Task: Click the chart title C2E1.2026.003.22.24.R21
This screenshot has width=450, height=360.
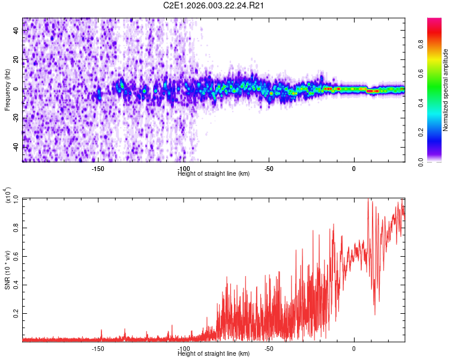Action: click(x=214, y=5)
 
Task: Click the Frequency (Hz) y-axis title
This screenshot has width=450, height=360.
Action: click(x=7, y=91)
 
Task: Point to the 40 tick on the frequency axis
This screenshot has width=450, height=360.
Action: click(x=16, y=31)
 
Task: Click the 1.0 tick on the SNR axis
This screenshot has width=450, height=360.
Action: click(x=16, y=198)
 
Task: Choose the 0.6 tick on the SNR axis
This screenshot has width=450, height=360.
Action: click(x=16, y=256)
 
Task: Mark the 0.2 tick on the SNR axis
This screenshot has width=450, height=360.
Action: click(x=16, y=313)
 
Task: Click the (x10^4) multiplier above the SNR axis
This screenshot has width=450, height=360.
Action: click(x=7, y=196)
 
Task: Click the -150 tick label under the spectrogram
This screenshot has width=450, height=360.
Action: click(x=98, y=169)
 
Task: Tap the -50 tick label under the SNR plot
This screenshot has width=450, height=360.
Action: click(x=269, y=349)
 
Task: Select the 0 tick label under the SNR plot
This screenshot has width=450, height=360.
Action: click(x=354, y=349)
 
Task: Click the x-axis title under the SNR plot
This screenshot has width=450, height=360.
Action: click(x=214, y=353)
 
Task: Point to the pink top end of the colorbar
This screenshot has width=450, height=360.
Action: click(x=434, y=22)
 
